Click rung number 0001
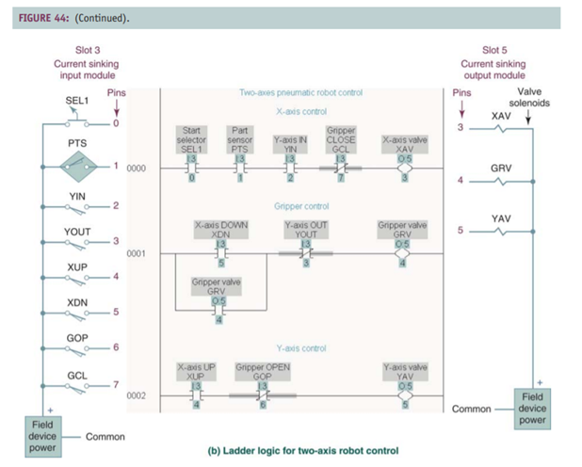[x=137, y=253]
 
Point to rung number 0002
[x=137, y=395]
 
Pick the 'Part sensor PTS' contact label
[x=239, y=139]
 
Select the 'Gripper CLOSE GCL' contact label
[x=340, y=139]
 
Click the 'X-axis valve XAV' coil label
[x=402, y=144]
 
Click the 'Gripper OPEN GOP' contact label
[x=263, y=371]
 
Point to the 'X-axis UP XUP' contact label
[x=192, y=371]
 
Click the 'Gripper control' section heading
[x=300, y=204]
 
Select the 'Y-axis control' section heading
[x=300, y=348]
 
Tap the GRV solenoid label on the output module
[x=500, y=167]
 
